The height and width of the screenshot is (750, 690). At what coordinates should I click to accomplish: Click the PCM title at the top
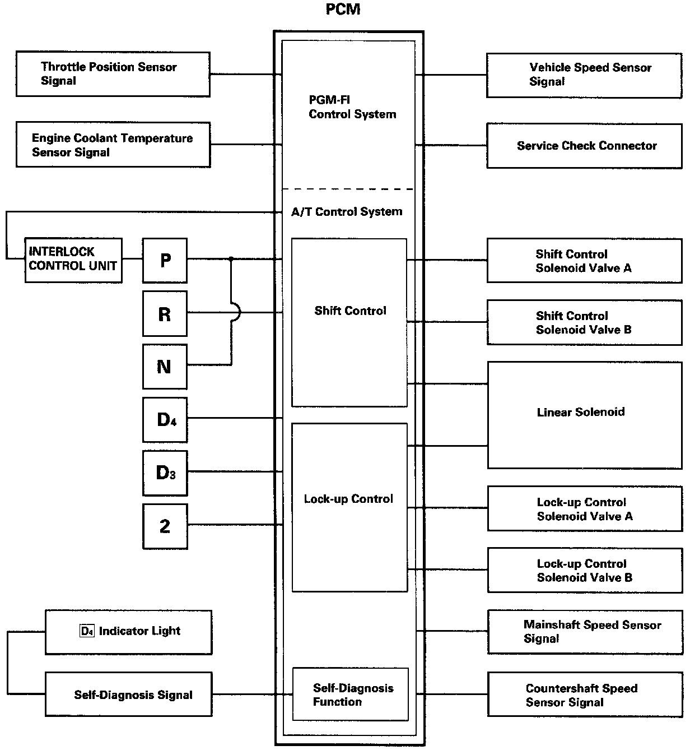pyautogui.click(x=343, y=10)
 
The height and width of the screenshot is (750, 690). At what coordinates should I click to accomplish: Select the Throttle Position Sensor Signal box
pyautogui.click(x=113, y=75)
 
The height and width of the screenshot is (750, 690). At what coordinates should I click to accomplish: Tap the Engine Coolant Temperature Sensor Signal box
pyautogui.click(x=113, y=145)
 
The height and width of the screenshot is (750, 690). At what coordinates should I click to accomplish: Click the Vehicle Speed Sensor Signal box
pyautogui.click(x=584, y=76)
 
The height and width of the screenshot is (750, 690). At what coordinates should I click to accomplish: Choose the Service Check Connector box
pyautogui.click(x=585, y=146)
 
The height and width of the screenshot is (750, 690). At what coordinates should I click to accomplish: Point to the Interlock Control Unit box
pyautogui.click(x=73, y=260)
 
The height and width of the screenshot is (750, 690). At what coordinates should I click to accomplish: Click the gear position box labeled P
pyautogui.click(x=165, y=260)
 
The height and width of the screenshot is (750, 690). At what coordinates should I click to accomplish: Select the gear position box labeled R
pyautogui.click(x=165, y=314)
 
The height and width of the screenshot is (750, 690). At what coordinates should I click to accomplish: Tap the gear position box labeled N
pyautogui.click(x=165, y=367)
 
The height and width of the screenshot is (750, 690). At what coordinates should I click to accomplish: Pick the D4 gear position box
pyautogui.click(x=165, y=420)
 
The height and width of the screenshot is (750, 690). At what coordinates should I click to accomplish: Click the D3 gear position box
pyautogui.click(x=165, y=473)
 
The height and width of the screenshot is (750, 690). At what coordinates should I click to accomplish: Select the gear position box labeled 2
pyautogui.click(x=165, y=526)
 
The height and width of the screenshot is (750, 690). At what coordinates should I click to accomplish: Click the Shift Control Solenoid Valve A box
pyautogui.click(x=585, y=261)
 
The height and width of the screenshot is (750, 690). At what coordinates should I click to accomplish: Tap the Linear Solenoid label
pyautogui.click(x=581, y=412)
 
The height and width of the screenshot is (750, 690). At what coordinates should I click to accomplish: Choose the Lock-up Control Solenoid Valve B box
pyautogui.click(x=585, y=571)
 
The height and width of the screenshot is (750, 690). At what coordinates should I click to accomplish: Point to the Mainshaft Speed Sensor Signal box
pyautogui.click(x=585, y=632)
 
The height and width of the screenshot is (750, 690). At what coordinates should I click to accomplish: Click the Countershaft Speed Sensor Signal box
pyautogui.click(x=585, y=695)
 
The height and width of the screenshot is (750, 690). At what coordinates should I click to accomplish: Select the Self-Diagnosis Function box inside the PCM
pyautogui.click(x=351, y=695)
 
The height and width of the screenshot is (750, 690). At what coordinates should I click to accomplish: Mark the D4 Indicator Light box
pyautogui.click(x=129, y=632)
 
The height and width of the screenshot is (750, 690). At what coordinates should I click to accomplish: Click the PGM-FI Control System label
pyautogui.click(x=352, y=107)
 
